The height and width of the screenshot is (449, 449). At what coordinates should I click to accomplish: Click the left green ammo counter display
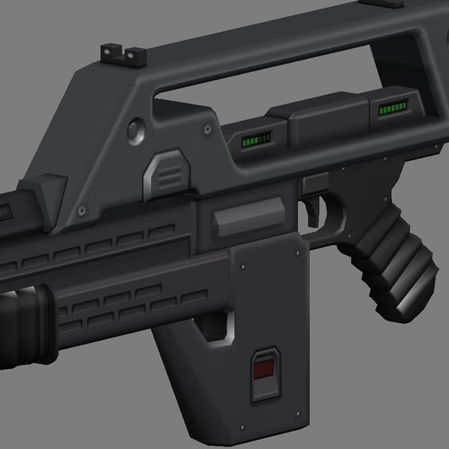pos(254,140)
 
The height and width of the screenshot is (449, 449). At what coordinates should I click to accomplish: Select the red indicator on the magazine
pos(264,370)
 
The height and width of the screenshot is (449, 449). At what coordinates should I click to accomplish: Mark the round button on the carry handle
pos(135,129)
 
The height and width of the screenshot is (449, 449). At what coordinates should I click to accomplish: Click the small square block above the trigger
pos(314,183)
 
